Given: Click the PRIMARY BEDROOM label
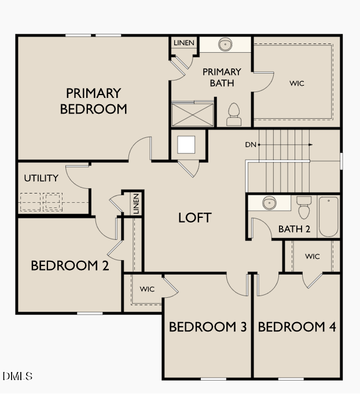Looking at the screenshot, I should (x=93, y=101).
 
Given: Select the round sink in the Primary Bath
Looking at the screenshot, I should (x=225, y=44).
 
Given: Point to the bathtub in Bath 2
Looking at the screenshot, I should (x=328, y=217).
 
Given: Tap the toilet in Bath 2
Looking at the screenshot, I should (x=303, y=207).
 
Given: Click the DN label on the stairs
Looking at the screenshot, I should (x=251, y=144).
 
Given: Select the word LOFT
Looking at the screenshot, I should (x=194, y=218).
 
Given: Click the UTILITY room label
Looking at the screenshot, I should (x=41, y=178).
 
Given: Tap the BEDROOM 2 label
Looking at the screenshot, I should (x=69, y=265).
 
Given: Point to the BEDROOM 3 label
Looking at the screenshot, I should (x=208, y=327).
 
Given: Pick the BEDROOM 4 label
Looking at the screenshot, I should (x=296, y=327).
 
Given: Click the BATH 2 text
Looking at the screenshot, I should (x=294, y=229).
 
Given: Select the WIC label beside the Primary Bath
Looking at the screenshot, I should (x=296, y=83).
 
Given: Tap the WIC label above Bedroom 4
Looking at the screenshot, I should (x=312, y=256).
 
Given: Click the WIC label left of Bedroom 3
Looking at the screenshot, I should (x=147, y=289).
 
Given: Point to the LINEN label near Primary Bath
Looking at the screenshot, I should (x=184, y=43).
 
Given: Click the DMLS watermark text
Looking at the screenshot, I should (x=17, y=377).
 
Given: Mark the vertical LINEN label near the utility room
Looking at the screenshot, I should (x=136, y=204).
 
